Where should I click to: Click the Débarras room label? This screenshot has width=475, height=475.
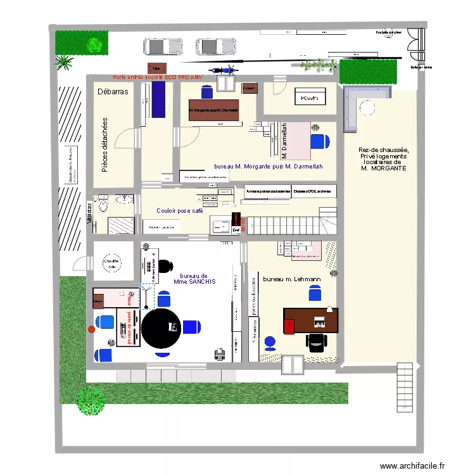[x=113, y=92]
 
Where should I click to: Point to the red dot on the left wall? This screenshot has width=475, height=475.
[x=91, y=329]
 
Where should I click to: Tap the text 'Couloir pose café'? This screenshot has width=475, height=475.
[x=180, y=211]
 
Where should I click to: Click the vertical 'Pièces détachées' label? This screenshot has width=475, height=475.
[x=105, y=144]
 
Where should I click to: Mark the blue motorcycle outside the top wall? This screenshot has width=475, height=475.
[x=221, y=71]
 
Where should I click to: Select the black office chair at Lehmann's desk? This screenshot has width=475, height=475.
[x=316, y=342]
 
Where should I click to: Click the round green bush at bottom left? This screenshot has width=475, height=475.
[x=91, y=401]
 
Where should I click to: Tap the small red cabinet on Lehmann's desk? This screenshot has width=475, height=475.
[x=289, y=326]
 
